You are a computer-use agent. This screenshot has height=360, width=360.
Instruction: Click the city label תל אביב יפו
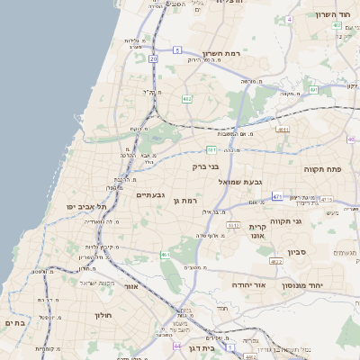pyautogui.click(x=85, y=207)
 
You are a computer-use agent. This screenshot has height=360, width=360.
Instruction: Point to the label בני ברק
pyautogui.click(x=206, y=166)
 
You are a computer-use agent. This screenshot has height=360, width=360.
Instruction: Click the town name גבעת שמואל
pyautogui.click(x=241, y=182)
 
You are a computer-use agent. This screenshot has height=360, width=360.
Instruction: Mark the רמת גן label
pyautogui.click(x=183, y=200)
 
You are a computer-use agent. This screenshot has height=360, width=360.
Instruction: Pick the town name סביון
pyautogui.click(x=297, y=252)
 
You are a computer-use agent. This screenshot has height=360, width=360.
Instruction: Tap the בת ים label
pyautogui.click(x=13, y=322)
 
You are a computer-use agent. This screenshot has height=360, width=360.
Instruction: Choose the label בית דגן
pyautogui.click(x=203, y=348)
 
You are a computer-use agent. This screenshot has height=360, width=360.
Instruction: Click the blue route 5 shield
pyautogui.click(x=178, y=49)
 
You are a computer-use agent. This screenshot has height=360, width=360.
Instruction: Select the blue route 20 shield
pyautogui.click(x=153, y=58)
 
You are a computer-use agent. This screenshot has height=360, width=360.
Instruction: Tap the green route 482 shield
pyautogui.click(x=186, y=98)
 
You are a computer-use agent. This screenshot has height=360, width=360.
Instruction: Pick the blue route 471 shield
pyautogui.click(x=278, y=196)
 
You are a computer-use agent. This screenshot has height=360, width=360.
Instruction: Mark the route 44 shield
pyautogui.click(x=177, y=345)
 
